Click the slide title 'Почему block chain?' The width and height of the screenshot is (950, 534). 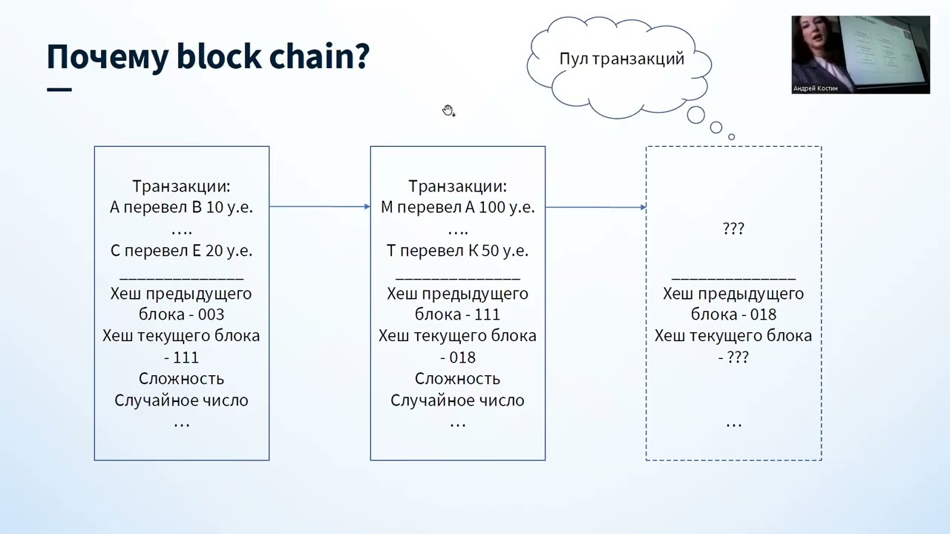coord(208,57)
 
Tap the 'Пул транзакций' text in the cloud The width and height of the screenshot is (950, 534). coord(621,59)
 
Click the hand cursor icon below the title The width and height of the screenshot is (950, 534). coord(448,111)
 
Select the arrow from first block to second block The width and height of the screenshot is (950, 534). coord(319,207)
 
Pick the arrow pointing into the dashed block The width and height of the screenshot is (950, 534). coord(595,207)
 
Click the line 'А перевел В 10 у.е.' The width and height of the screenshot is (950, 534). coord(181,208)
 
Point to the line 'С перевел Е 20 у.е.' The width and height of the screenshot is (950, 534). coord(181,251)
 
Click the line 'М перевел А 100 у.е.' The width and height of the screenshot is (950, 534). coord(457,208)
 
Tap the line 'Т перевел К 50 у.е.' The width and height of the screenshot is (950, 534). coord(457,251)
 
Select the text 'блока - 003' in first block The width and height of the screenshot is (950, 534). coord(181,314)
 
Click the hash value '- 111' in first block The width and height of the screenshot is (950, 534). coord(181,357)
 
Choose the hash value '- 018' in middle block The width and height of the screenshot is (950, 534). coord(457,357)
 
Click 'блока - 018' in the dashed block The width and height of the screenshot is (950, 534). coord(733,314)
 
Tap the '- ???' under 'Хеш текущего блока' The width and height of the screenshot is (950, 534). coord(733,357)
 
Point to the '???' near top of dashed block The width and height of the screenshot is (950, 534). coord(733,229)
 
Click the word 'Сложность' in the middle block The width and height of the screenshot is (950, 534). coord(457,379)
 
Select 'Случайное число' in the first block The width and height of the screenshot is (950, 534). coord(181,400)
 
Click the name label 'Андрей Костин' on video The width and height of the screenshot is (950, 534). coord(815,88)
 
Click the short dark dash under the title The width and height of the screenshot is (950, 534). coord(59,90)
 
